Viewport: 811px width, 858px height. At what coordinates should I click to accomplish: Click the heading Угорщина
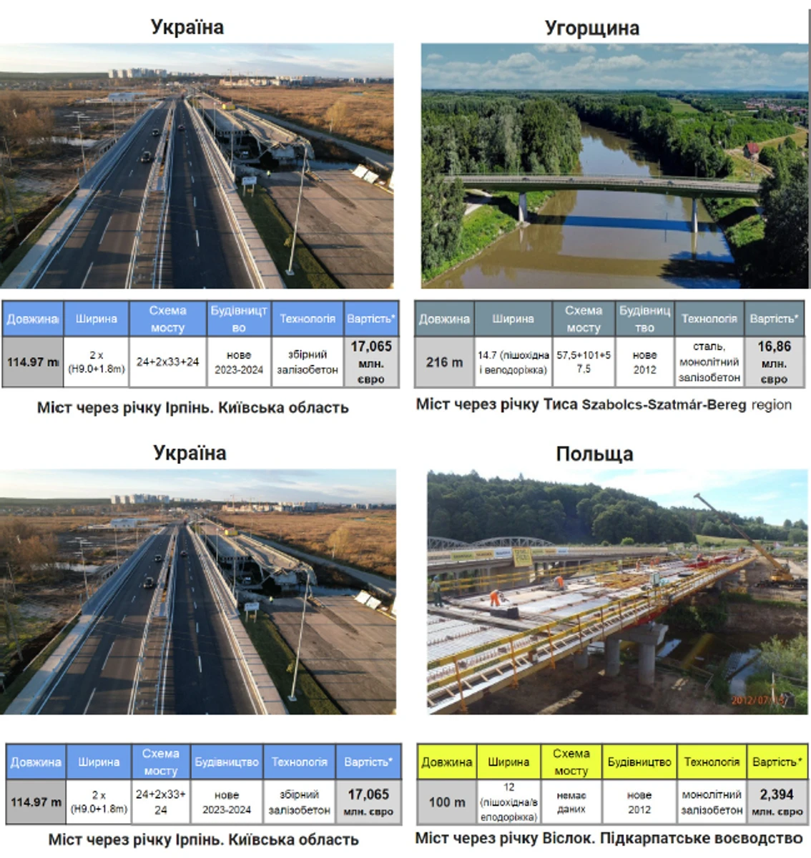pyautogui.click(x=591, y=29)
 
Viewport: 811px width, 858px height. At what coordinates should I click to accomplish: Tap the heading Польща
pyautogui.click(x=594, y=454)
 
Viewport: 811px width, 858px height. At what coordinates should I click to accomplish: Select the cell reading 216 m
pyautogui.click(x=444, y=363)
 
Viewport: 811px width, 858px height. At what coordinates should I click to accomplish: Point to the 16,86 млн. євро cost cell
pyautogui.click(x=774, y=363)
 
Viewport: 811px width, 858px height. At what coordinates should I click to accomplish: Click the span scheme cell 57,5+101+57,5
pyautogui.click(x=584, y=363)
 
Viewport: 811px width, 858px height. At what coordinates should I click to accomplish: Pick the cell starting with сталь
pyautogui.click(x=709, y=363)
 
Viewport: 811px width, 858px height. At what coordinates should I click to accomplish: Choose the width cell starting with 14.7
pyautogui.click(x=513, y=363)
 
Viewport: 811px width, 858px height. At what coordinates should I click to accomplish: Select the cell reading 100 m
pyautogui.click(x=446, y=802)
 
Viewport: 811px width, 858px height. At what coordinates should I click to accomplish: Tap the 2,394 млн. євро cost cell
pyautogui.click(x=776, y=802)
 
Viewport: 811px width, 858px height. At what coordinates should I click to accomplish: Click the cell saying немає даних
pyautogui.click(x=571, y=802)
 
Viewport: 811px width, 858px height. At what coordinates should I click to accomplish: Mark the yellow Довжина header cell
pyautogui.click(x=446, y=762)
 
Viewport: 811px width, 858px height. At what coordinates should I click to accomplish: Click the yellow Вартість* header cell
pyautogui.click(x=776, y=762)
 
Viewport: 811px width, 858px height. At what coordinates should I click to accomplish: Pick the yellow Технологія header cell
pyautogui.click(x=711, y=762)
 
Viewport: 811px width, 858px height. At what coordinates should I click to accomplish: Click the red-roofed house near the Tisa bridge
pyautogui.click(x=750, y=150)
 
